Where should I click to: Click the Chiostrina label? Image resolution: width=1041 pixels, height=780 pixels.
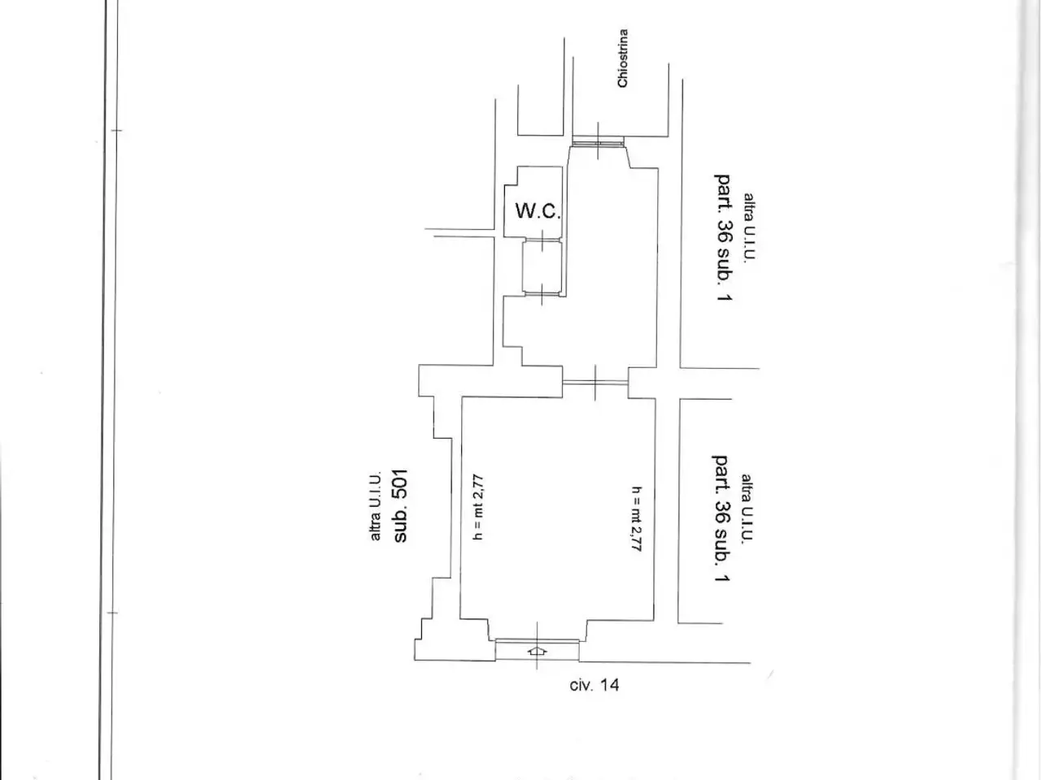pyautogui.click(x=623, y=58)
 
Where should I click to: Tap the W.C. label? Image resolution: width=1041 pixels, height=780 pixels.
pyautogui.click(x=538, y=210)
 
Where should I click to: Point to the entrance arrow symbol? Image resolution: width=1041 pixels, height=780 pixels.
pyautogui.click(x=537, y=651)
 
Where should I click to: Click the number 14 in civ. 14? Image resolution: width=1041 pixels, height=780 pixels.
pyautogui.click(x=609, y=685)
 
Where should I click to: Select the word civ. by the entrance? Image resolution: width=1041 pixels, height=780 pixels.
pyautogui.click(x=581, y=685)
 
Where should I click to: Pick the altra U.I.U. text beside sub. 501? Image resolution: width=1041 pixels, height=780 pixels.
pyautogui.click(x=376, y=506)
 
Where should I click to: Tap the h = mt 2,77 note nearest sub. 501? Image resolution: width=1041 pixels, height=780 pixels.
pyautogui.click(x=478, y=507)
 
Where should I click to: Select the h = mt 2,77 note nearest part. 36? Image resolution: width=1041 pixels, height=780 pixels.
pyautogui.click(x=637, y=519)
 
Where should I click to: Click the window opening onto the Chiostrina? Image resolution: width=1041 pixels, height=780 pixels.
pyautogui.click(x=598, y=141)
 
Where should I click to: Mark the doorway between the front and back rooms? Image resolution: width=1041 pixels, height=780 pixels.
pyautogui.click(x=595, y=382)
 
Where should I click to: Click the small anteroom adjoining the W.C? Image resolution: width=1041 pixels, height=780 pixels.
pyautogui.click(x=542, y=267)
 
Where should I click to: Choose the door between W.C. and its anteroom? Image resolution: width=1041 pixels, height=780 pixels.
pyautogui.click(x=542, y=240)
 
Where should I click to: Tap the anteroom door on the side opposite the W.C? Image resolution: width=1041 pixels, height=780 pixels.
pyautogui.click(x=542, y=293)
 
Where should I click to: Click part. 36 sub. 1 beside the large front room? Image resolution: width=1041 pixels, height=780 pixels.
pyautogui.click(x=721, y=518)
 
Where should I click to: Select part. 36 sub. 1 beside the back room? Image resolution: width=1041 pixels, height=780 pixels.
pyautogui.click(x=723, y=237)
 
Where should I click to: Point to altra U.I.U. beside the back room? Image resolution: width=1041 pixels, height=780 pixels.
pyautogui.click(x=749, y=227)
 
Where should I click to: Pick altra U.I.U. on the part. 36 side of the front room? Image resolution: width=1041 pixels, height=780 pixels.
pyautogui.click(x=747, y=508)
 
